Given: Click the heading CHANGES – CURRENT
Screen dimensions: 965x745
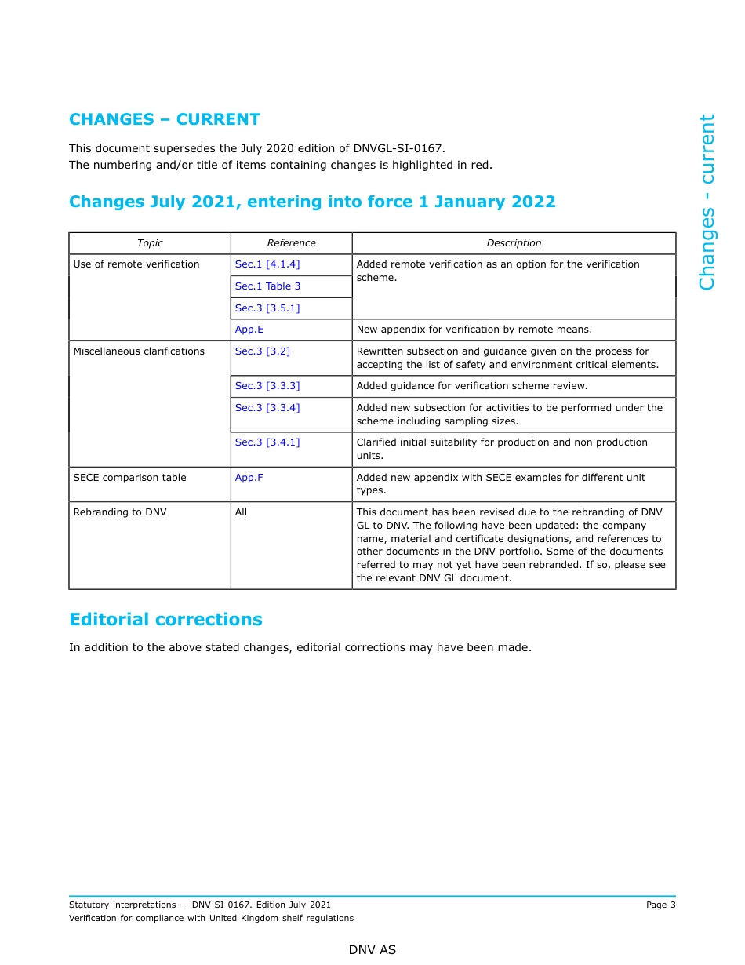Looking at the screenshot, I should (165, 119).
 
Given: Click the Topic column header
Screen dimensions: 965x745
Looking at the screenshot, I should (150, 243).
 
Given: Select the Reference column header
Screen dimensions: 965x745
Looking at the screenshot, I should (291, 243).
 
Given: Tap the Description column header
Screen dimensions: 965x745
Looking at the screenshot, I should (514, 243).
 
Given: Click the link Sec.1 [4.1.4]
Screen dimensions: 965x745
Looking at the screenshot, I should (267, 264).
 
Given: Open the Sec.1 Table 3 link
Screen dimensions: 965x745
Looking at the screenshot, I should (267, 286).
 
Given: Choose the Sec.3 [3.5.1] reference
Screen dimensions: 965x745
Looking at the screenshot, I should (267, 308).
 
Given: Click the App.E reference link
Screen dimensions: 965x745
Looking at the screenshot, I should (249, 330).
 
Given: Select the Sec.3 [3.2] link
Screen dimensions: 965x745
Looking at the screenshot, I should (263, 351).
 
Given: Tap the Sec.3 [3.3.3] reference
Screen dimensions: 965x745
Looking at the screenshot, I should (267, 386).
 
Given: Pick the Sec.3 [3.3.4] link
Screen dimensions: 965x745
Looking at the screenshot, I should (267, 408).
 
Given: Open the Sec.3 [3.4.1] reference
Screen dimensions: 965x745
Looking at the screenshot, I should (267, 442).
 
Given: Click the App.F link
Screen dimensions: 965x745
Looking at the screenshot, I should (249, 478).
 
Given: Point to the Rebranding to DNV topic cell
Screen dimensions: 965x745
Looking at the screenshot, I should (120, 512).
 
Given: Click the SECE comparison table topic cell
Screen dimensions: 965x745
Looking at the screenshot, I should (130, 478).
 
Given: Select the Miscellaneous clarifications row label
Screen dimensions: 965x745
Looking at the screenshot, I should (139, 351).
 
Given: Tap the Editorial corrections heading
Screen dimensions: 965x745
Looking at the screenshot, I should (165, 619).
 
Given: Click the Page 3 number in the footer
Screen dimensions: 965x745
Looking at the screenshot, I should (660, 905).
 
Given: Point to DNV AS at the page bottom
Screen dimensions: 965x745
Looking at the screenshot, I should (372, 950).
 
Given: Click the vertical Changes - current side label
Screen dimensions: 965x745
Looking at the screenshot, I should (707, 202).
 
